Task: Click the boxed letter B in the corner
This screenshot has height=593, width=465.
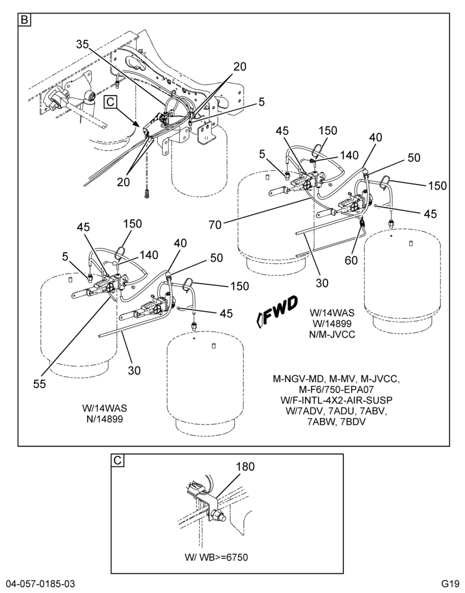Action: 24,20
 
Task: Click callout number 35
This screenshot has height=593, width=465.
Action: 82,44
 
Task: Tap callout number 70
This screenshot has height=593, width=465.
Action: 215,225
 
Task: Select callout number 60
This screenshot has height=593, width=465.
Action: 352,260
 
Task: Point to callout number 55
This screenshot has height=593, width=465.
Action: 39,384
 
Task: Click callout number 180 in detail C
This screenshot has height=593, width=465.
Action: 246,467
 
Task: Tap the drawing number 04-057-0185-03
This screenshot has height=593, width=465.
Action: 37,582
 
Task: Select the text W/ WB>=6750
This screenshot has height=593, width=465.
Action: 216,557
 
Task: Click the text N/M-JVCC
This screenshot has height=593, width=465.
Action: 332,334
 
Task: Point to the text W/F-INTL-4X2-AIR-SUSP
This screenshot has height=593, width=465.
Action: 336,400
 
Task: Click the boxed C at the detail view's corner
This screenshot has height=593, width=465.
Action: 117,460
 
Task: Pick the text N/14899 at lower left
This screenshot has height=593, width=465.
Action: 104,419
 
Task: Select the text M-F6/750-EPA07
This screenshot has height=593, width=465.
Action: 336,390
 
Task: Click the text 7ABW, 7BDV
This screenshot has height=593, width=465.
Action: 336,422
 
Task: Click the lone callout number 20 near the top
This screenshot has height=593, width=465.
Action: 240,66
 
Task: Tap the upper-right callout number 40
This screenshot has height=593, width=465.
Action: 375,137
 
